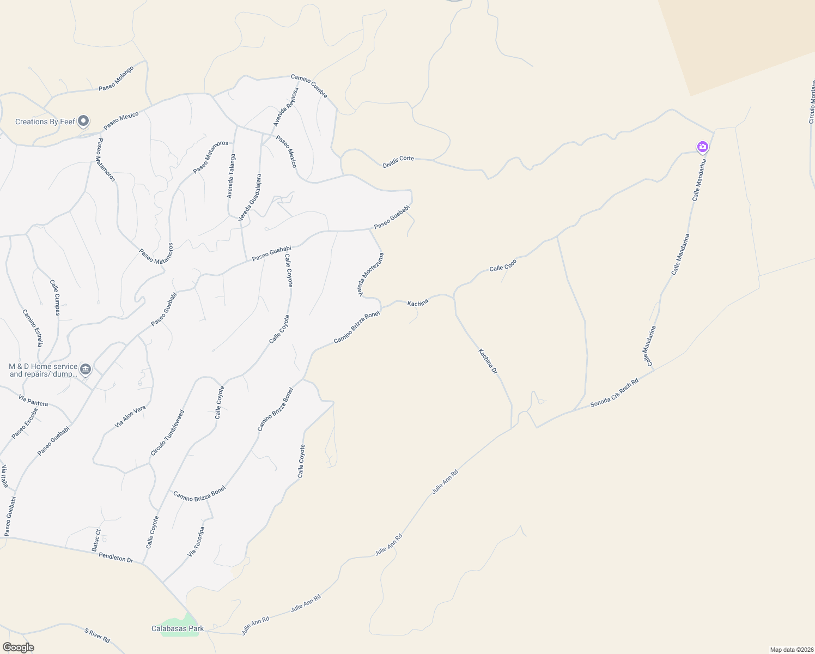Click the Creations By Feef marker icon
83,121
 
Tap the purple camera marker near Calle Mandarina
703,147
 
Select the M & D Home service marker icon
86,370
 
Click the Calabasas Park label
178,628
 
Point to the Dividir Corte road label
398,161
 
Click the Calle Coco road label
503,265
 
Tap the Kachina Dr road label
488,361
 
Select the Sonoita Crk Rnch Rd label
614,393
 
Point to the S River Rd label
98,635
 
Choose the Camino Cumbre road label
309,86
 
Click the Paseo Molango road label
116,79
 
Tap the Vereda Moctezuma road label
370,275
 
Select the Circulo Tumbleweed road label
167,433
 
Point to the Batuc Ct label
96,540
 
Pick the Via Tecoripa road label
196,541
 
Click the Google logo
18,647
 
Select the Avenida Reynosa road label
286,107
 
